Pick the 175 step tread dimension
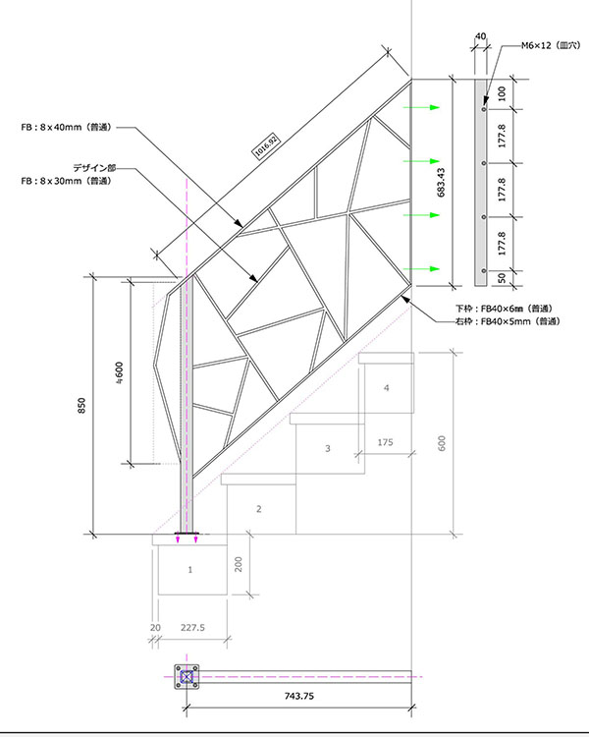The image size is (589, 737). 386,443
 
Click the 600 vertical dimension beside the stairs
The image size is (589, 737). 443,444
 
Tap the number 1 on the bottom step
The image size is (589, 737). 190,569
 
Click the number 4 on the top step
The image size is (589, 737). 387,389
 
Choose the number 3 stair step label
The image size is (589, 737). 327,449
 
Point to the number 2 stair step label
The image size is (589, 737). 258,509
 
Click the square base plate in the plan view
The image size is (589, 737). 187,676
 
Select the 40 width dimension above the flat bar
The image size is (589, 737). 480,36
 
